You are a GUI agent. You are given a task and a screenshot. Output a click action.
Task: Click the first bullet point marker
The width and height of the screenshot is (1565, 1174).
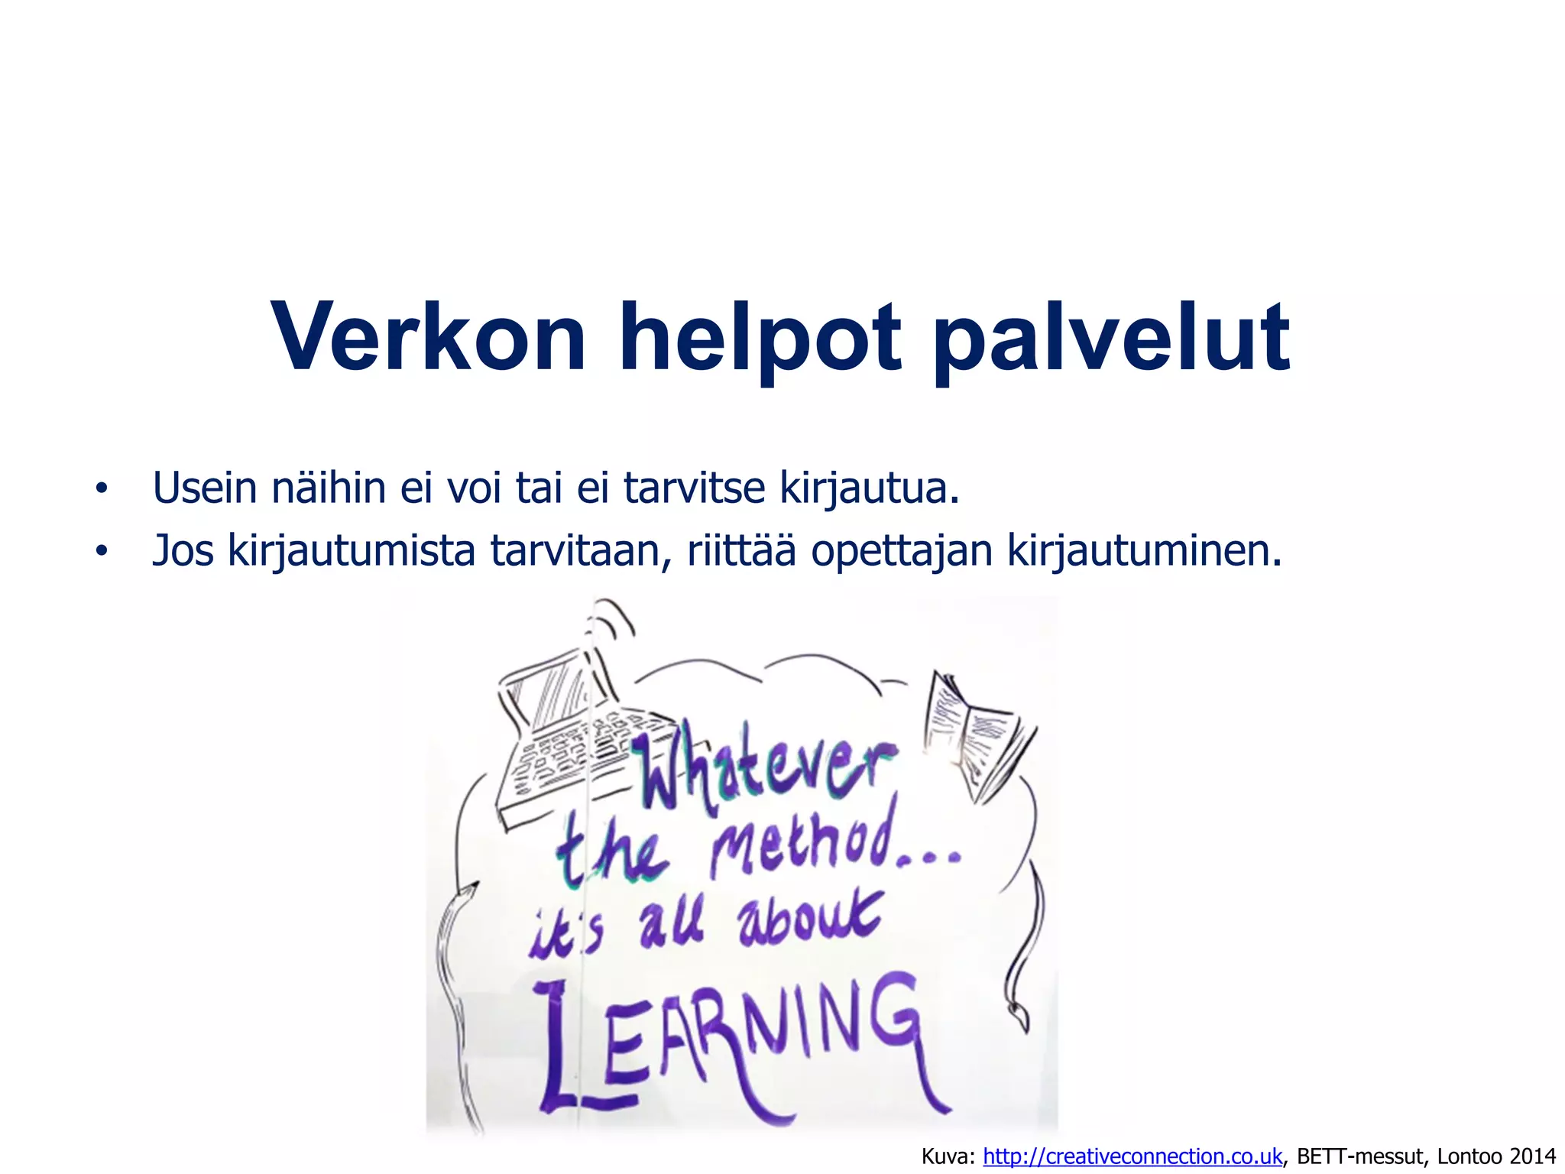tap(101, 490)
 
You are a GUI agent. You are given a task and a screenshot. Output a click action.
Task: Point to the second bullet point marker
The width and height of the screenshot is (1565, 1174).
tap(101, 552)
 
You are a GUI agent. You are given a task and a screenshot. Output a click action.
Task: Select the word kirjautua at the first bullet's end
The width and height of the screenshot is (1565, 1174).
tap(869, 490)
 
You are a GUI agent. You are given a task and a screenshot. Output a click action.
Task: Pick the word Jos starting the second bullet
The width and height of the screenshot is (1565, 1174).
tap(183, 550)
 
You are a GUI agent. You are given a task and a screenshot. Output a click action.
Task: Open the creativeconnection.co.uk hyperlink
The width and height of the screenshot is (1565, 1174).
tap(1132, 1156)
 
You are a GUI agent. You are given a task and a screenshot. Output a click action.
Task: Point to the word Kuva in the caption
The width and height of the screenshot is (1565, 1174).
tap(948, 1156)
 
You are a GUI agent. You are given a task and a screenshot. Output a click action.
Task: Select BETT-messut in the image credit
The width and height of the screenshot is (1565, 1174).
tap(1361, 1156)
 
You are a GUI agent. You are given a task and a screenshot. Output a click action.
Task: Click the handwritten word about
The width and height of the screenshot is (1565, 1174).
tap(810, 921)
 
